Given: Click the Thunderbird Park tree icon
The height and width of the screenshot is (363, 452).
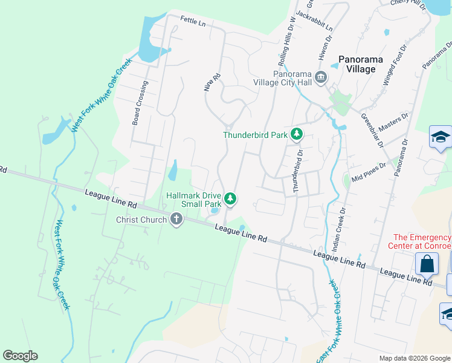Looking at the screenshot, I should coord(296,134).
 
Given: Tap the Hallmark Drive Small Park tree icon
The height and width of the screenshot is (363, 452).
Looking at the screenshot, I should coord(230,198).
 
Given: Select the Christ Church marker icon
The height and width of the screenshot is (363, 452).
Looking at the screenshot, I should coord(176,219).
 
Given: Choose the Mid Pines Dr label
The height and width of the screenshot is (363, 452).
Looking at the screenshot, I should coord(368,171).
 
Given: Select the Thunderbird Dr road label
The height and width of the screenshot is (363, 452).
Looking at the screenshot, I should coord(297,171).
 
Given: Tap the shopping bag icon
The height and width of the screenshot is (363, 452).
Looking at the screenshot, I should coord(427,264).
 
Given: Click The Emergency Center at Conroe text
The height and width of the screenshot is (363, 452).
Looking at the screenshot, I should coord(422,241).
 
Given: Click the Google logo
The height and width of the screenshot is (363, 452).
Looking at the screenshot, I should coord(20,356).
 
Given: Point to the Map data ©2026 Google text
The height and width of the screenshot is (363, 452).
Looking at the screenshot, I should coord(415,358).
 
